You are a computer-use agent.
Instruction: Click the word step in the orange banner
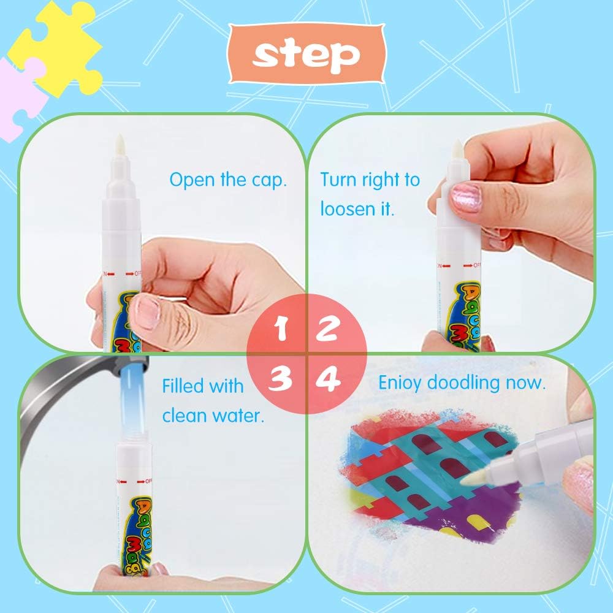click(306, 55)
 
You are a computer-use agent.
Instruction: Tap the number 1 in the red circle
click(281, 330)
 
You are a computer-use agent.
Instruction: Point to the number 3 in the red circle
click(281, 379)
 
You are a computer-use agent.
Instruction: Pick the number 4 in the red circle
click(328, 381)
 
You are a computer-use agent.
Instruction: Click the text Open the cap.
click(228, 180)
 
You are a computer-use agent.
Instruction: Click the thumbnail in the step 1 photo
click(147, 312)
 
